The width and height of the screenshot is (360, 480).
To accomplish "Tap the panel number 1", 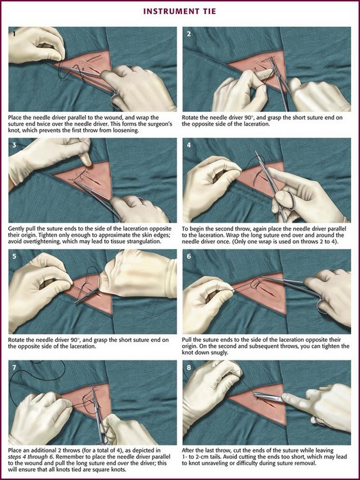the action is (x=14, y=34).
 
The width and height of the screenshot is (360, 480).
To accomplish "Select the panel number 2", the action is (x=189, y=34).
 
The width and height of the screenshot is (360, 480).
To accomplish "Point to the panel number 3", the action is (x=14, y=145).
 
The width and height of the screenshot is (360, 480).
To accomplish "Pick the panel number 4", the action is (x=189, y=145).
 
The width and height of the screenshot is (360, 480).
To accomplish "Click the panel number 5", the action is (x=14, y=256).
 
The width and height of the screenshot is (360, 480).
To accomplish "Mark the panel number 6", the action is (x=189, y=256).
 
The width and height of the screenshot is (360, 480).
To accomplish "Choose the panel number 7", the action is (x=14, y=367).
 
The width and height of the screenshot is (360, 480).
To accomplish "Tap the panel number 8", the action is (x=189, y=367).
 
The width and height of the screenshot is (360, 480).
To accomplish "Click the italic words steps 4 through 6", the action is (x=28, y=458).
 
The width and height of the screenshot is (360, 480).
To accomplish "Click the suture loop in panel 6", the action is (x=255, y=284).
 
